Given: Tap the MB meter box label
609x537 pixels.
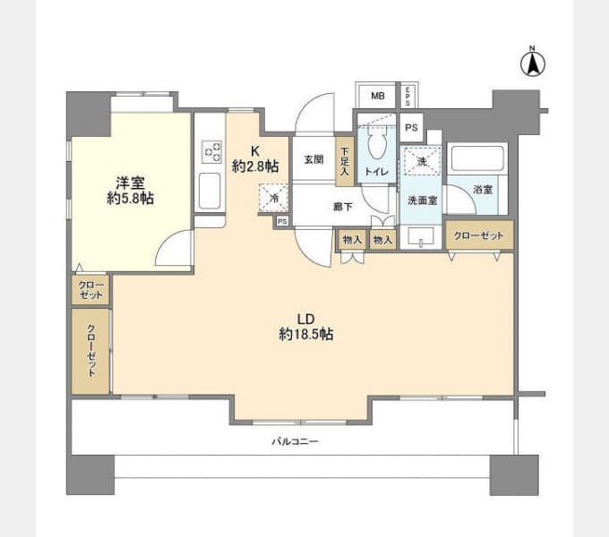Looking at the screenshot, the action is click(378, 96).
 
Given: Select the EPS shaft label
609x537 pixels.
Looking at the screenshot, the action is click(407, 96).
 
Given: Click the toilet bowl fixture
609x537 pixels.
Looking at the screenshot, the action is click(376, 144).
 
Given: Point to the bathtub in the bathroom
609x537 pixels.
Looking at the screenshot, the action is click(477, 158).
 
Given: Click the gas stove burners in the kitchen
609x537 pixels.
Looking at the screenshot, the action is click(211, 152).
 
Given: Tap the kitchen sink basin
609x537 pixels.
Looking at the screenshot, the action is click(210, 191).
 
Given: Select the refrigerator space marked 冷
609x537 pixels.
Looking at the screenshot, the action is click(274, 199).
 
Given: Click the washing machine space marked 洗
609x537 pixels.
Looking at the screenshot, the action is click(422, 160).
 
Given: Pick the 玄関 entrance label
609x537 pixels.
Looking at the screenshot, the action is click(313, 159).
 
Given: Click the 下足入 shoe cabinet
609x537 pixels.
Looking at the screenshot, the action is click(345, 161).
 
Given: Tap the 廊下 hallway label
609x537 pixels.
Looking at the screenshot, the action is click(343, 207).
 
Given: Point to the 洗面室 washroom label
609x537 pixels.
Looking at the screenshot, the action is click(422, 200).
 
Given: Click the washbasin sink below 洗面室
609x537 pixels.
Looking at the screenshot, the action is click(422, 236).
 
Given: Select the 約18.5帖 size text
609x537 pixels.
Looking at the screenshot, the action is click(305, 334).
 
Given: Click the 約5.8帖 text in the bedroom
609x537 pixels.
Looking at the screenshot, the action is click(131, 199).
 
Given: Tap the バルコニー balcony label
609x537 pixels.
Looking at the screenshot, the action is click(295, 441).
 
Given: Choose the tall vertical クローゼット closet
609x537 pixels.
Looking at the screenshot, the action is click(90, 351).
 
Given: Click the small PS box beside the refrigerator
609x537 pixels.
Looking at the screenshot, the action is click(282, 221).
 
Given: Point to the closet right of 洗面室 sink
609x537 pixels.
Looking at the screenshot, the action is click(479, 235).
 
